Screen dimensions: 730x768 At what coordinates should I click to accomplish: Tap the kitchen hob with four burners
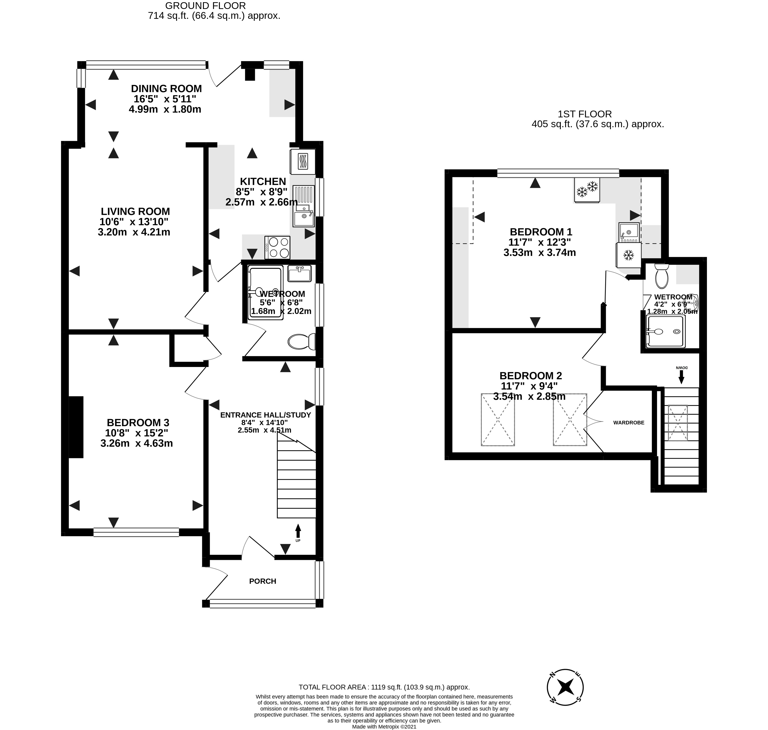tap(277, 247)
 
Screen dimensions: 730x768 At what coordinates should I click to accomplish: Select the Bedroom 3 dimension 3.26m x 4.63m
tap(137, 443)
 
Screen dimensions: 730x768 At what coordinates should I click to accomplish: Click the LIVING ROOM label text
tap(135, 211)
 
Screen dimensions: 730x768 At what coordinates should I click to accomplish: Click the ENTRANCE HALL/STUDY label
tap(265, 415)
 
